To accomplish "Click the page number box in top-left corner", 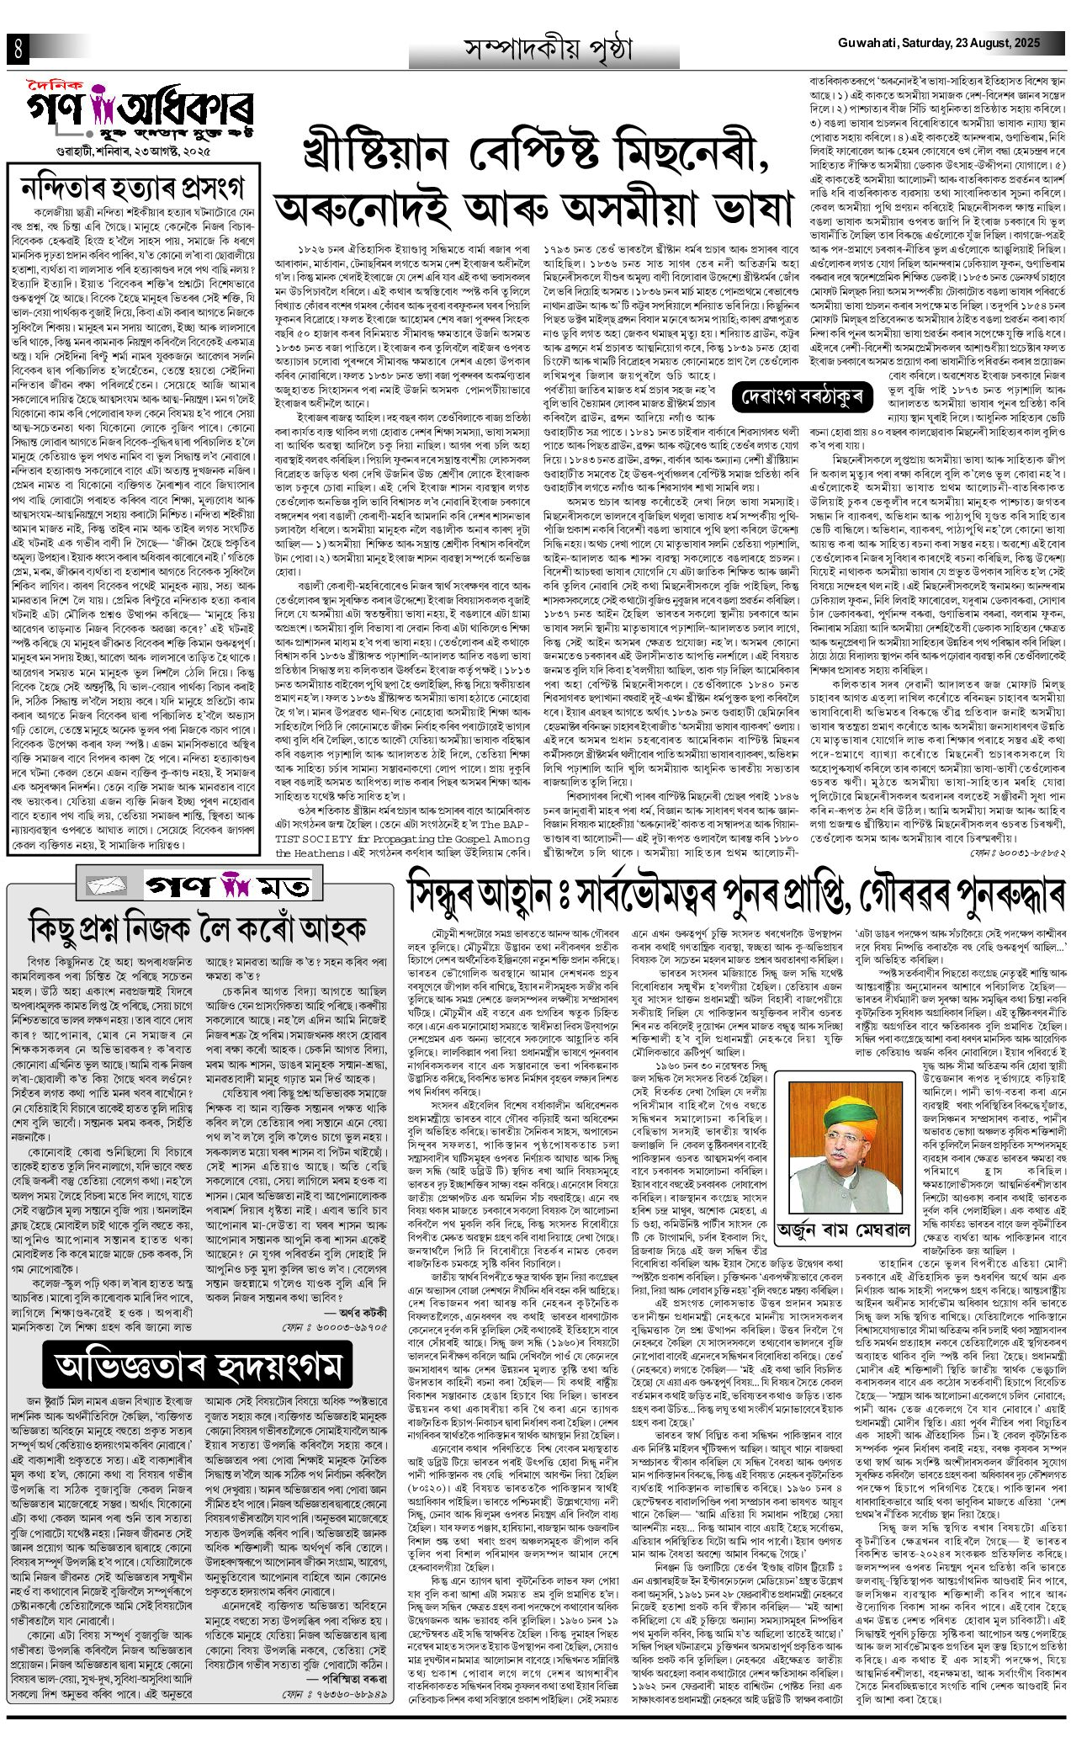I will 17,49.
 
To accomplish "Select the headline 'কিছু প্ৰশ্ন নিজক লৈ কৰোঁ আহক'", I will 198,928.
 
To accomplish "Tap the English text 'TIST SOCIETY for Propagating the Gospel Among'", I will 412,815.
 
